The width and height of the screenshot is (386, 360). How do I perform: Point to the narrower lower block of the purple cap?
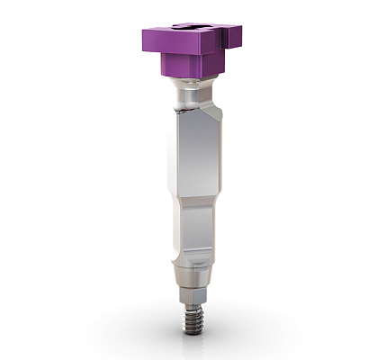(188, 65)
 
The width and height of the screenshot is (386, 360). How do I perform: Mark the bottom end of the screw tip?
(192, 330)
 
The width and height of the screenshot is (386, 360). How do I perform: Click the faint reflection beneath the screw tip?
(192, 340)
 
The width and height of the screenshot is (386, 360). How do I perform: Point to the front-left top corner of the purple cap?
(145, 34)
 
